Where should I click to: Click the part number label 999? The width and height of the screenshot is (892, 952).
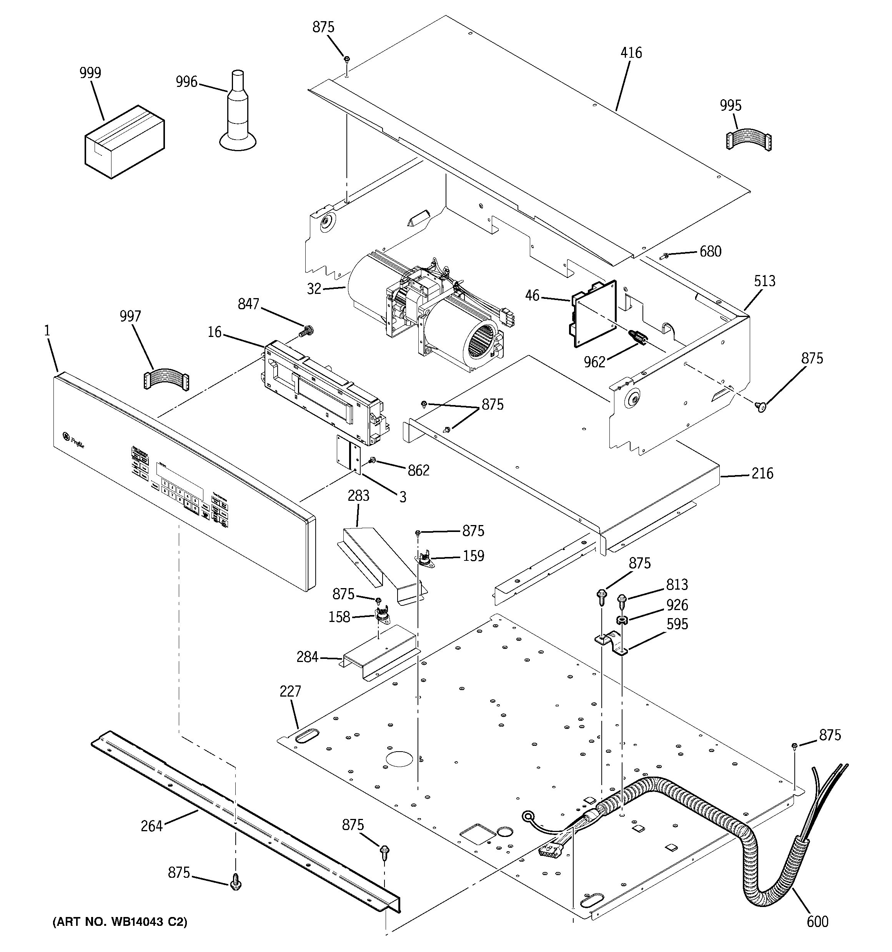[x=90, y=73]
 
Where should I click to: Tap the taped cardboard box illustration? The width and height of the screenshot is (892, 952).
[x=125, y=142]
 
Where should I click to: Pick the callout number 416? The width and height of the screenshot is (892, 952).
[x=631, y=53]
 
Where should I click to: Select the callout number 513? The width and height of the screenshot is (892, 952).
[x=764, y=281]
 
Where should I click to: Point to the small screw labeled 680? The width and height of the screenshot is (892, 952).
[x=664, y=257]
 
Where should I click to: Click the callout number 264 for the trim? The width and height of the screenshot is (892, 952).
[x=152, y=826]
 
